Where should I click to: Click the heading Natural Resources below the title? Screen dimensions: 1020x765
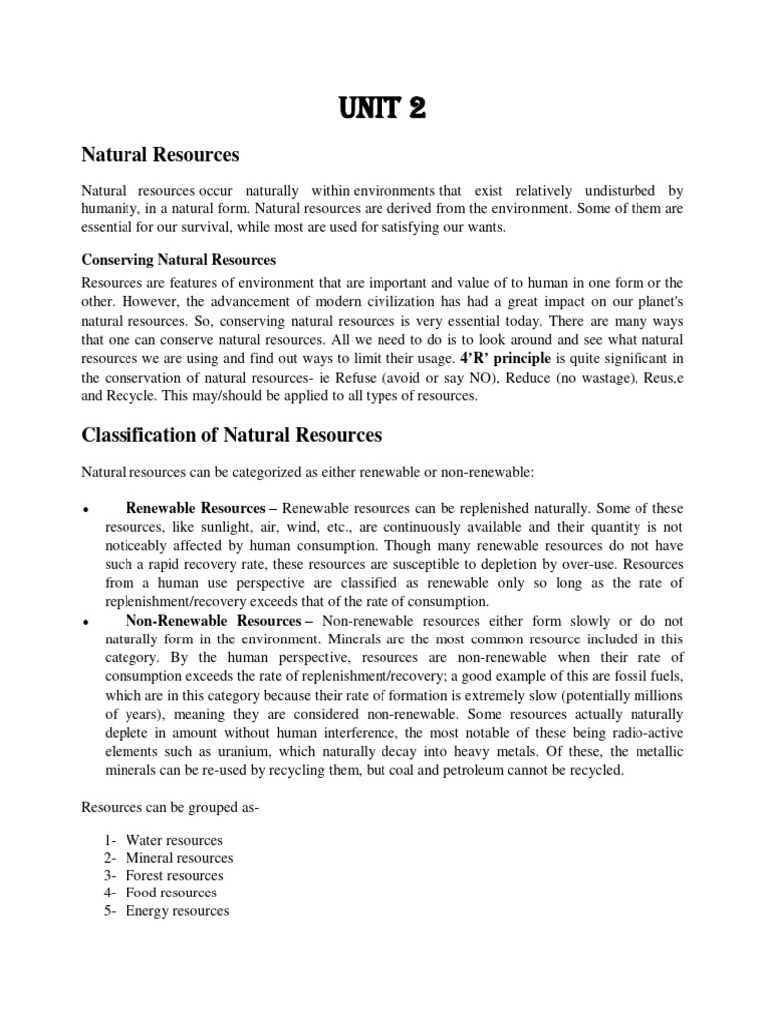pyautogui.click(x=159, y=155)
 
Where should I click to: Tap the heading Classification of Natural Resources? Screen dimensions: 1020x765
pyautogui.click(x=230, y=435)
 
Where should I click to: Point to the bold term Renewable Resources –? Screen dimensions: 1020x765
pyautogui.click(x=202, y=508)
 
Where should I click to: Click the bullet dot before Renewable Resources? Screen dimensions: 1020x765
pyautogui.click(x=87, y=510)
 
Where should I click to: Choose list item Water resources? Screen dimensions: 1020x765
pyautogui.click(x=173, y=840)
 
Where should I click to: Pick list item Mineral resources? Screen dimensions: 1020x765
pyautogui.click(x=179, y=858)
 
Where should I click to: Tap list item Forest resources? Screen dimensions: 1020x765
pyautogui.click(x=174, y=876)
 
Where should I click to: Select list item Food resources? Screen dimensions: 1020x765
pyautogui.click(x=170, y=893)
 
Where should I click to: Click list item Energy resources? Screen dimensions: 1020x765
pyautogui.click(x=177, y=911)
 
